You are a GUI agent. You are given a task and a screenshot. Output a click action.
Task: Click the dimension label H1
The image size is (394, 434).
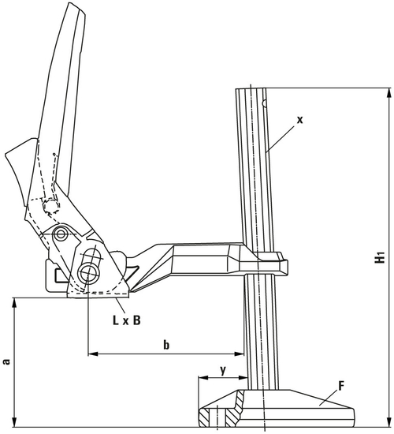click(x=381, y=257)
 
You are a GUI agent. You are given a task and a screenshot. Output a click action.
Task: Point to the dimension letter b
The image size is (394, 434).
click(x=165, y=344)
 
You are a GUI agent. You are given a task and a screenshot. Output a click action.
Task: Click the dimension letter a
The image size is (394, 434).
click(x=8, y=361)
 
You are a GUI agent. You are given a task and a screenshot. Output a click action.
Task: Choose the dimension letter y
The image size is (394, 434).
click(x=223, y=369)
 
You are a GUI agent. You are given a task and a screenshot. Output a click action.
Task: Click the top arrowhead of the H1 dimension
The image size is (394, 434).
click(x=386, y=92)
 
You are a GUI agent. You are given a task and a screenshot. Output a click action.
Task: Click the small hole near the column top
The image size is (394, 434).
click(x=266, y=101)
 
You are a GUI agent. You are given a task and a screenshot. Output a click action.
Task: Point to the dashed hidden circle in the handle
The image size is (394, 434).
click(x=51, y=207)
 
